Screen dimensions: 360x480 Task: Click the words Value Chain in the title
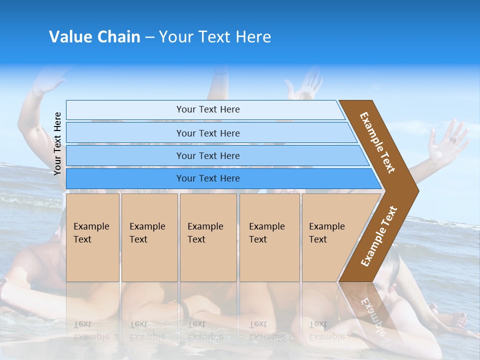pyautogui.click(x=94, y=37)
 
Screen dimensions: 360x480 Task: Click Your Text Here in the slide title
pyautogui.click(x=215, y=37)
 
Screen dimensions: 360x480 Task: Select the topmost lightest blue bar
pyautogui.click(x=207, y=109)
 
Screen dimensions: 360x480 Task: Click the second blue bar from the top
pyautogui.click(x=207, y=133)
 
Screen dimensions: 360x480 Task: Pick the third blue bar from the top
pyautogui.click(x=207, y=155)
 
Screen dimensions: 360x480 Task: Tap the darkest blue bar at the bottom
pyautogui.click(x=207, y=178)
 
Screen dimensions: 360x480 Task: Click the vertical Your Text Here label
pyautogui.click(x=57, y=143)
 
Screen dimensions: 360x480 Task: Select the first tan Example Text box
pyautogui.click(x=92, y=237)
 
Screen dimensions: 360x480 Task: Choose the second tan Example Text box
pyautogui.click(x=149, y=237)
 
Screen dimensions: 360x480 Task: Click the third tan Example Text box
pyautogui.click(x=207, y=237)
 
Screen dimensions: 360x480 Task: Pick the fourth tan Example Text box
pyautogui.click(x=269, y=237)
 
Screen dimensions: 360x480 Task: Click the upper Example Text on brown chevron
pyautogui.click(x=377, y=142)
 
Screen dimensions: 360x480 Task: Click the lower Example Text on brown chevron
pyautogui.click(x=379, y=236)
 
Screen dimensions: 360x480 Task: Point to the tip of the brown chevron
pyautogui.click(x=417, y=190)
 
